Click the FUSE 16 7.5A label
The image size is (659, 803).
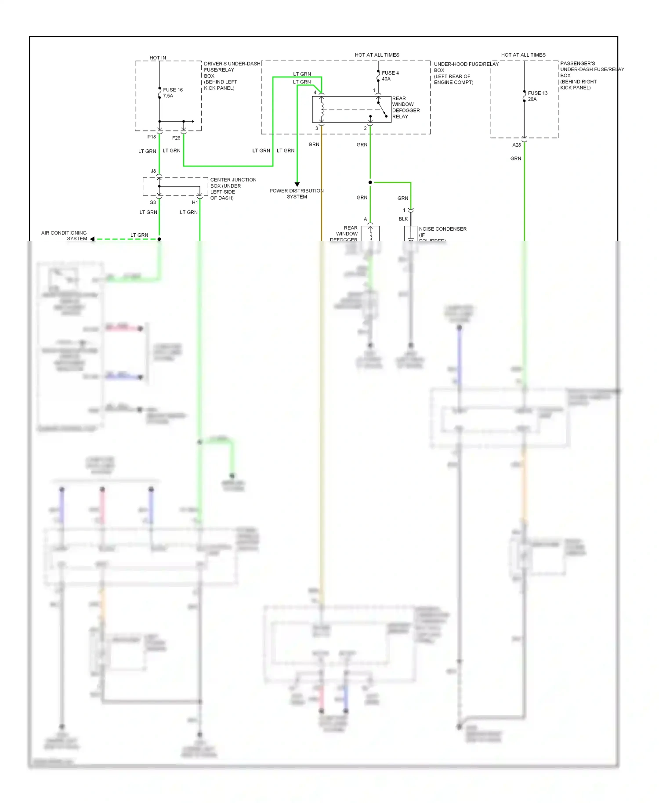click(172, 93)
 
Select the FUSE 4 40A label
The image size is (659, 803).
click(390, 76)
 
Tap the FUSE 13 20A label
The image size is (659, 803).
click(537, 96)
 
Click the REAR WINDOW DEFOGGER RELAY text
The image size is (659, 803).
click(406, 108)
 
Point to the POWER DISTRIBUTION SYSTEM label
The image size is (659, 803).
click(297, 194)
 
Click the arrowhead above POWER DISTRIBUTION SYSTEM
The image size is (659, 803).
click(297, 184)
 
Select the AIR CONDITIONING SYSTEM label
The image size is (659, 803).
click(64, 236)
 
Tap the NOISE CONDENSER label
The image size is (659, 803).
click(442, 229)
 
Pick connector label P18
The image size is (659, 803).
click(152, 137)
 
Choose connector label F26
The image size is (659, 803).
click(176, 138)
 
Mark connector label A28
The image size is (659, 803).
click(517, 145)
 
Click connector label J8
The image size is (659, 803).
click(153, 171)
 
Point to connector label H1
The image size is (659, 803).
click(195, 203)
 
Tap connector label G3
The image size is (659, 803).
click(152, 203)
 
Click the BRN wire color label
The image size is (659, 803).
click(314, 145)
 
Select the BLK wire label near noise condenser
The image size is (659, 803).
click(403, 219)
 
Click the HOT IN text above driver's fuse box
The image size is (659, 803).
click(158, 58)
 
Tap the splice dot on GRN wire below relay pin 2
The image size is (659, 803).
click(370, 182)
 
